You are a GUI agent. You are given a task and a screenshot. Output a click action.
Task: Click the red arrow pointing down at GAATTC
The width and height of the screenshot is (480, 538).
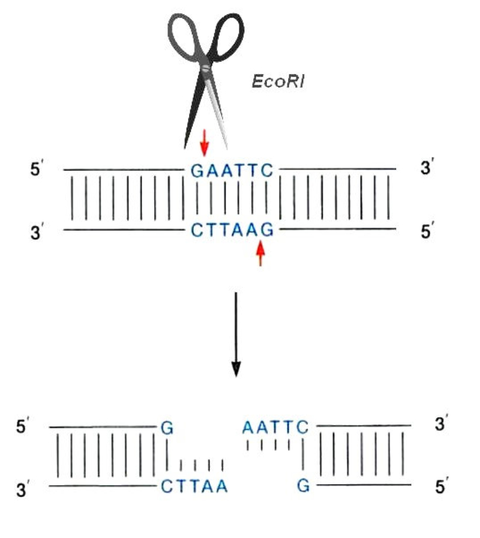(x=205, y=141)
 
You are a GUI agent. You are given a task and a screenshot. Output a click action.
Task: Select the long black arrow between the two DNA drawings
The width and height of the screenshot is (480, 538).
(x=236, y=334)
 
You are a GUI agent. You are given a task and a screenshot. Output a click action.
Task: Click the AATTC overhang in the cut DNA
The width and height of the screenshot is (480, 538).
(x=275, y=427)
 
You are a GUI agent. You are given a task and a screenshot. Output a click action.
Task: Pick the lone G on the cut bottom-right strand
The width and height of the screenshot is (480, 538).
(x=304, y=486)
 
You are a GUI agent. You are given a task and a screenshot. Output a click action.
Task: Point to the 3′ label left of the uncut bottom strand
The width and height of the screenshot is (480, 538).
(x=38, y=231)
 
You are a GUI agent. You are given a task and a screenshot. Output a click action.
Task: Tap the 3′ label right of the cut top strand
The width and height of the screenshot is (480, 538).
(x=441, y=425)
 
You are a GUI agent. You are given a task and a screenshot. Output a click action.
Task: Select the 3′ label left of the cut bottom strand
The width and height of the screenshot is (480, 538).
(x=24, y=488)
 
